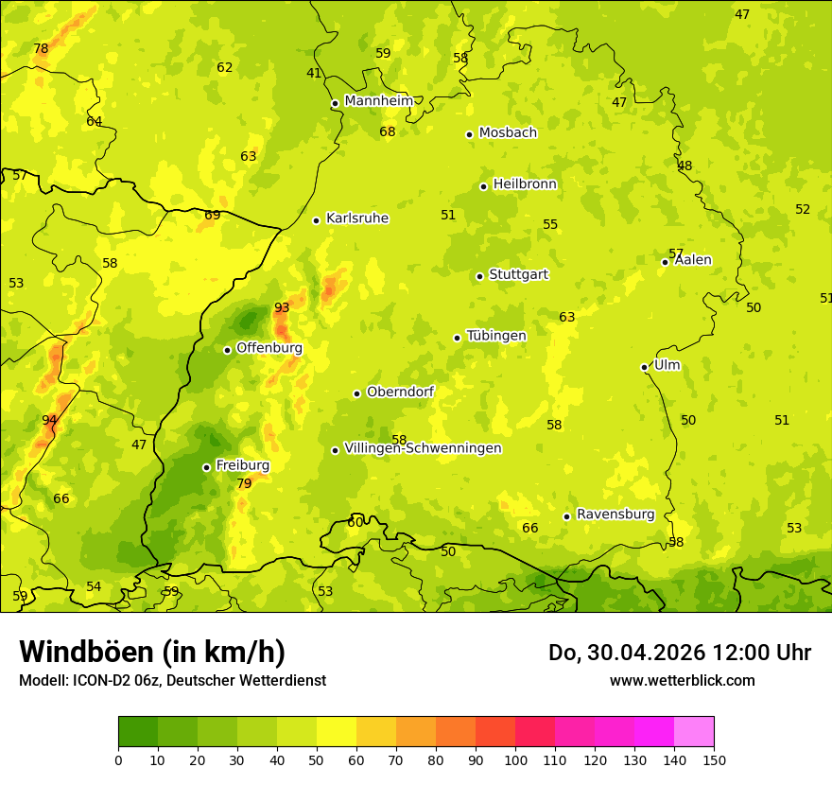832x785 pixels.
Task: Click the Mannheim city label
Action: [378, 101]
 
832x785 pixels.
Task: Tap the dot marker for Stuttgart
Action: [479, 276]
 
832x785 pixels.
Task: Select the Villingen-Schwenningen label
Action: [423, 448]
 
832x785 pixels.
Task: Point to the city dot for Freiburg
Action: [206, 467]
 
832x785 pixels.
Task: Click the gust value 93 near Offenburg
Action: [282, 307]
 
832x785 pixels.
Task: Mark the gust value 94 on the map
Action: [49, 420]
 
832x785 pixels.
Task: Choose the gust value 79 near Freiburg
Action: [244, 483]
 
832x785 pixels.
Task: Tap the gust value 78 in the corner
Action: [41, 49]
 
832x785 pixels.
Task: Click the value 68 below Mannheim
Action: [388, 131]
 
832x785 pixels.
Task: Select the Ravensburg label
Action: [615, 515]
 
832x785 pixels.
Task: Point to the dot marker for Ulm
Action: [644, 367]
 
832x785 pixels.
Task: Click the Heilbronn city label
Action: [525, 184]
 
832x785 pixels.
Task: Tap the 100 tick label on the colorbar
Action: [515, 759]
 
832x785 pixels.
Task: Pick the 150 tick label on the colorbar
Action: [714, 759]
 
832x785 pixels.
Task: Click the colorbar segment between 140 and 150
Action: [694, 732]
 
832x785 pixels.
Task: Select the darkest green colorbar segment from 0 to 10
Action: [138, 732]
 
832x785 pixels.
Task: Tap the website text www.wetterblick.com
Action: [682, 680]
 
